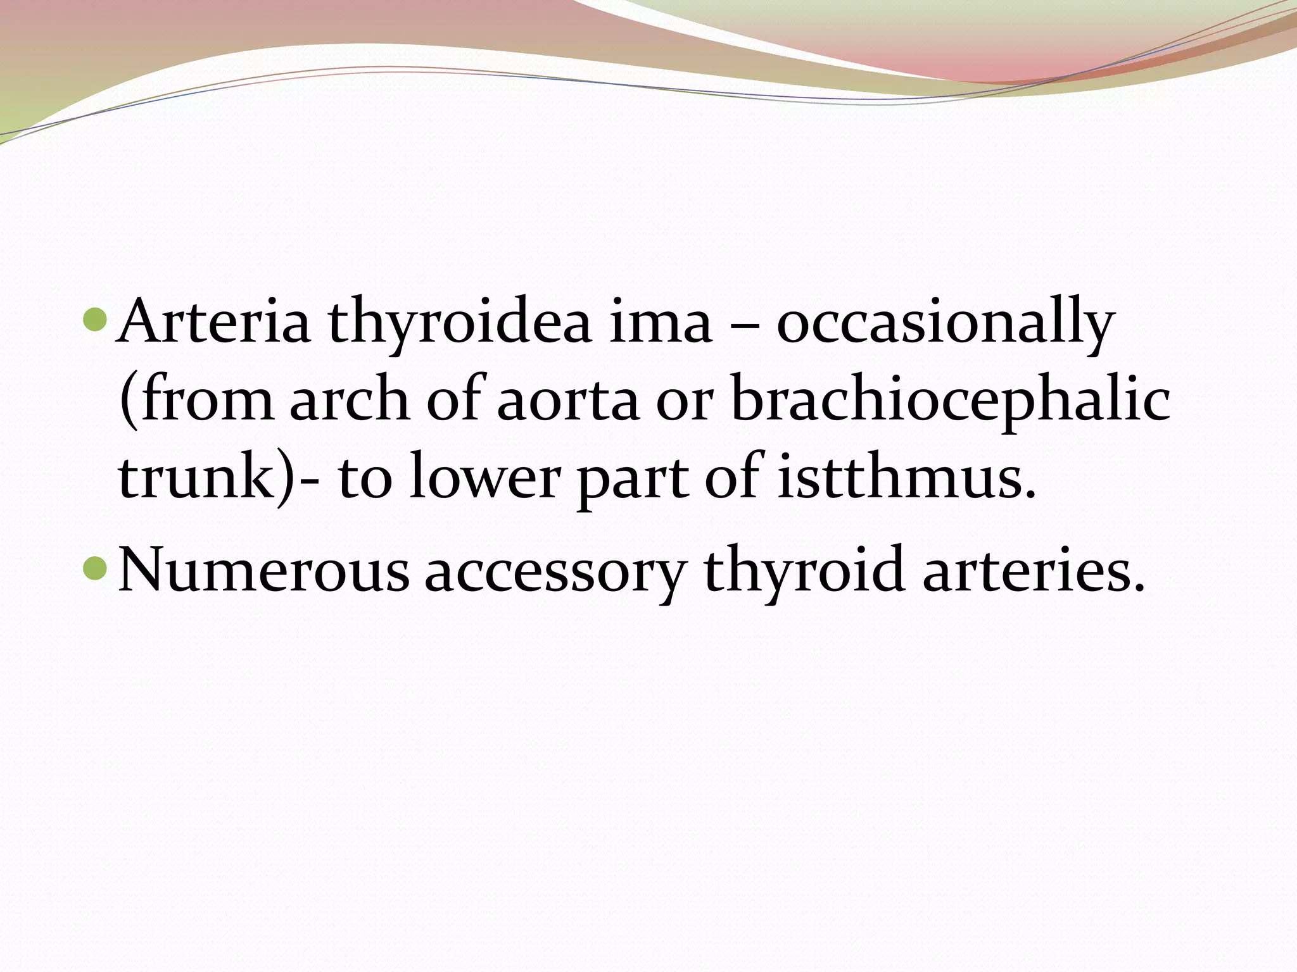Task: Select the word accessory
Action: tap(555, 573)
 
